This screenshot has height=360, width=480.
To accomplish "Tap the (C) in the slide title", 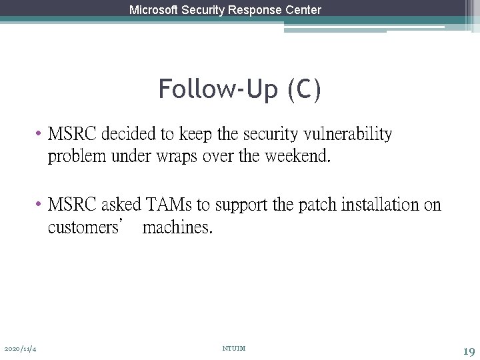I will click(304, 89).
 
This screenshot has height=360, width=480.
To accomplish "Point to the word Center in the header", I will click(303, 10).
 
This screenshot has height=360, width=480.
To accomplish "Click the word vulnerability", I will click(347, 134).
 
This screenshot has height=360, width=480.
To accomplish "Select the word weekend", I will click(297, 157).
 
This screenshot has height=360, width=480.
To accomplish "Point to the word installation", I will click(380, 205).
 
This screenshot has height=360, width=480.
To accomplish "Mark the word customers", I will click(82, 228).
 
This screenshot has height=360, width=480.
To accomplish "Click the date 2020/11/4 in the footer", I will click(20, 349).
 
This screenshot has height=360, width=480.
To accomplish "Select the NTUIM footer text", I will click(233, 349).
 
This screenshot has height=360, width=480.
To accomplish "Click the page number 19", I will click(469, 350).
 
